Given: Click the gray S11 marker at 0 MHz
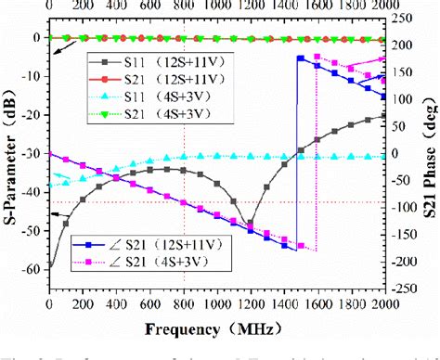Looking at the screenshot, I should (x=48, y=268).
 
